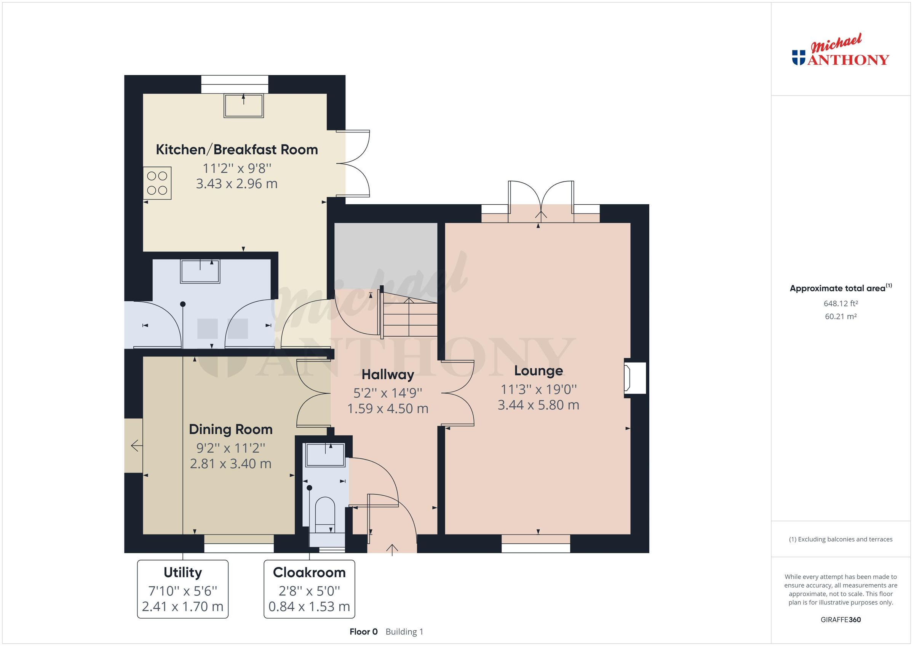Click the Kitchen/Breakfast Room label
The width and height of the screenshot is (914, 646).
[x=236, y=150]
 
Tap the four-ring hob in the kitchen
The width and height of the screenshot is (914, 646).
[x=157, y=183]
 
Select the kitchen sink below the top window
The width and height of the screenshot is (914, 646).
[x=244, y=105]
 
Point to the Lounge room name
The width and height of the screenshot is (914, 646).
[x=538, y=370]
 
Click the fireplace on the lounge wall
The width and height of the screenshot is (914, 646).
[x=634, y=378]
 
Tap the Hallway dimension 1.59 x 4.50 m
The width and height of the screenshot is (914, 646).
[x=387, y=409]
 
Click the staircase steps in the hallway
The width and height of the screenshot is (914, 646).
[x=409, y=318]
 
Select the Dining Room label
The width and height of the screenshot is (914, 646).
[x=230, y=429]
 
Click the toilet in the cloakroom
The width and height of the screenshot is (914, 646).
[x=325, y=513]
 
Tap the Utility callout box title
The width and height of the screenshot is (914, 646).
[x=183, y=573]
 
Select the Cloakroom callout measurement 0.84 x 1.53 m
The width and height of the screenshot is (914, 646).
[x=309, y=606]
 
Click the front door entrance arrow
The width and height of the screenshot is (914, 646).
[x=392, y=549]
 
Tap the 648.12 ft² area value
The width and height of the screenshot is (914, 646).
[x=840, y=304]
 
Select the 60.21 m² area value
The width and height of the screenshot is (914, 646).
[x=840, y=317]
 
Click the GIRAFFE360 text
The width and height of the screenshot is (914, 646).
[x=840, y=619]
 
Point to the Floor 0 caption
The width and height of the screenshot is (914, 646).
[x=363, y=632]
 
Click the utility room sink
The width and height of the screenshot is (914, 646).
[x=200, y=271]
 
